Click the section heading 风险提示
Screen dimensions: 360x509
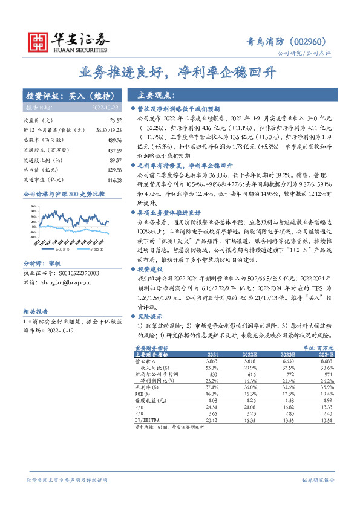(x=149, y=316)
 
